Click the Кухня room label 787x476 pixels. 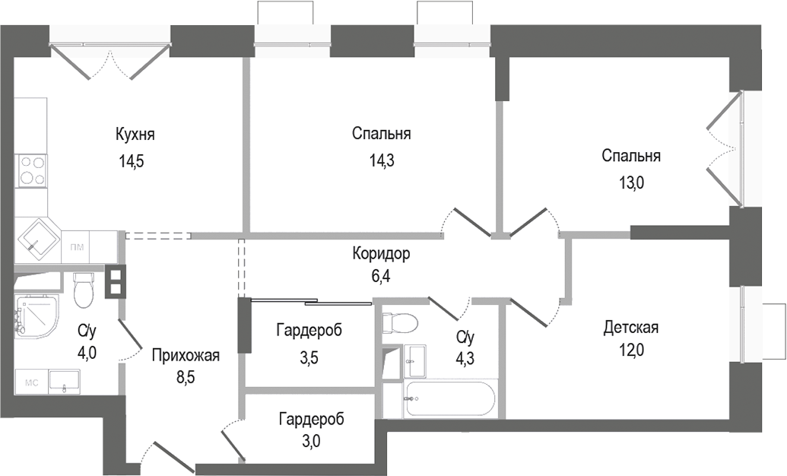pos(135,135)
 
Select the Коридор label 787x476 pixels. pos(382,253)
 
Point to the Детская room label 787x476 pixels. pos(630,328)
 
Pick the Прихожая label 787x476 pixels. pos(186,355)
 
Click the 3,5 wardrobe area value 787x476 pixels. pos(308,357)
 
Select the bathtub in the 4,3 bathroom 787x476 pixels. pos(451,398)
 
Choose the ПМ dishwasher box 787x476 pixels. pos(77,247)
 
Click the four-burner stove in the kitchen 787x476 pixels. pos(32,170)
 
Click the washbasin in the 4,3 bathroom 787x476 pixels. pos(415,355)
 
